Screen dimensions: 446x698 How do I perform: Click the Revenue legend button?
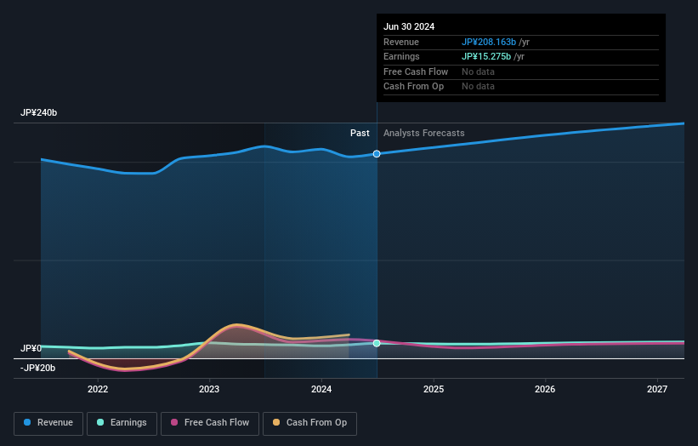[48, 423]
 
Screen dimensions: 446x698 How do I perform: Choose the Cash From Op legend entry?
[309, 423]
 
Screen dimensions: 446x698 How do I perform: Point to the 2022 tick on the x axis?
[98, 390]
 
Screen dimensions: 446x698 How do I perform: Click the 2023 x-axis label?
[209, 390]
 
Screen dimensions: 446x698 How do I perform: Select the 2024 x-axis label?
[321, 390]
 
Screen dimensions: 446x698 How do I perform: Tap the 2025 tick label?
[434, 390]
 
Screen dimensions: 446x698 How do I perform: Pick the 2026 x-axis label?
[545, 390]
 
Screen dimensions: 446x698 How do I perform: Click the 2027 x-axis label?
[657, 390]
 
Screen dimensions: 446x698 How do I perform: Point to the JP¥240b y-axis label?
[39, 113]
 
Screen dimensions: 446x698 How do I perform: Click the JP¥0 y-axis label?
[31, 349]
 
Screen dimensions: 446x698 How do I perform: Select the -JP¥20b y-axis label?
[37, 368]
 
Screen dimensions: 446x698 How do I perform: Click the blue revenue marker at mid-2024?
[377, 154]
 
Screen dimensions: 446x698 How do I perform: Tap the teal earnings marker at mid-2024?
[377, 343]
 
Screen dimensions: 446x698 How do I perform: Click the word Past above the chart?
[360, 134]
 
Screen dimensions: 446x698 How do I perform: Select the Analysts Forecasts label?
[423, 134]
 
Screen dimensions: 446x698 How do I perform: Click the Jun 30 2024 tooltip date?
[409, 26]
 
